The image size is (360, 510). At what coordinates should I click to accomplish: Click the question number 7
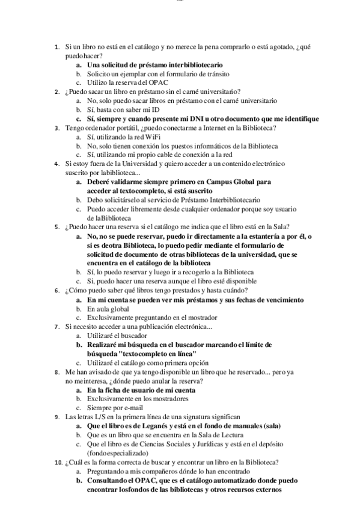(x=56, y=327)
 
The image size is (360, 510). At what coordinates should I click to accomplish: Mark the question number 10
(x=57, y=462)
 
